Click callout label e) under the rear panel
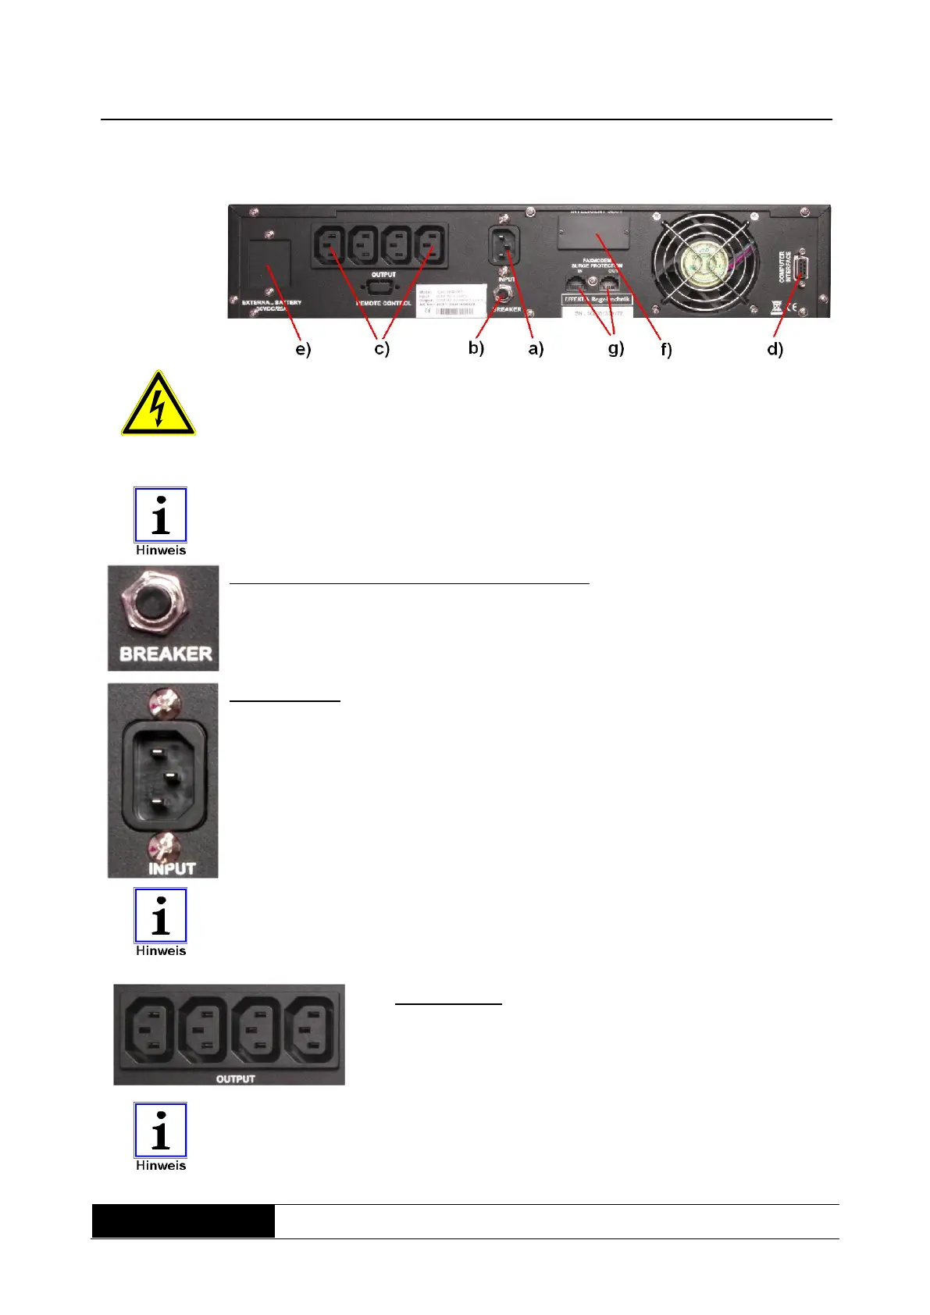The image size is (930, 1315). (x=303, y=350)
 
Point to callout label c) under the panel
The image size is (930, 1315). (x=382, y=349)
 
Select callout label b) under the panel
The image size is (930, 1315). (x=476, y=348)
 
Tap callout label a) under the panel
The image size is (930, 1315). (x=536, y=349)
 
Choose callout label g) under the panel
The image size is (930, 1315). (x=616, y=349)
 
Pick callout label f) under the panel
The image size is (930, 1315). (x=666, y=350)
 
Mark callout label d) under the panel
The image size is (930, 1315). (x=775, y=349)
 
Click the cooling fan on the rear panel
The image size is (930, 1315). (x=705, y=259)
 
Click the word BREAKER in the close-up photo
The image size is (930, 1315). (x=166, y=654)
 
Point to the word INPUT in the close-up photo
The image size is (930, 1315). (x=172, y=868)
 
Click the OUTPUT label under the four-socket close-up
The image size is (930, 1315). (x=235, y=1078)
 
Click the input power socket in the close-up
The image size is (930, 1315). (x=163, y=776)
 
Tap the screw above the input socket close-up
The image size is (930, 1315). (x=165, y=700)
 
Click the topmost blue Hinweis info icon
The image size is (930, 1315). (x=160, y=515)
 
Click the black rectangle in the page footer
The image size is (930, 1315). (x=183, y=1221)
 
